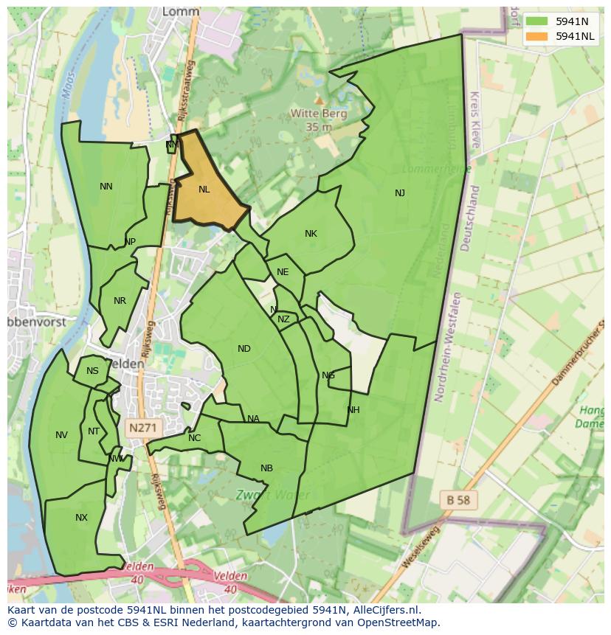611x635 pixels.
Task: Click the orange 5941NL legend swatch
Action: pos(537,36)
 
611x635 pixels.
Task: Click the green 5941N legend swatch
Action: pos(537,21)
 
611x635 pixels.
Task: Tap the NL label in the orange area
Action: pos(204,190)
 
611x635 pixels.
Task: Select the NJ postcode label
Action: pos(400,193)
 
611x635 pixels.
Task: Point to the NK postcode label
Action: pos(311,234)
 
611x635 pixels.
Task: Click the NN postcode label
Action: pos(106,187)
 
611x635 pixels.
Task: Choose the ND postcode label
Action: pos(244,349)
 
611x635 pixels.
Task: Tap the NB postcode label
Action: pos(266,468)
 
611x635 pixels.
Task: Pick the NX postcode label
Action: pos(81,518)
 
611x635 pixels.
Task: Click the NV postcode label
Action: pos(61,435)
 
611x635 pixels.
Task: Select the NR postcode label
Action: pos(120,301)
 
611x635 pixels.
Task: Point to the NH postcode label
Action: pos(353,410)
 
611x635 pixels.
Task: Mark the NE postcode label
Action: pos(283,272)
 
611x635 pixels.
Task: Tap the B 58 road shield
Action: pos(458,499)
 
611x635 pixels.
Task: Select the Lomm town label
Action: pos(180,13)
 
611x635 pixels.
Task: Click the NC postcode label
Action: pos(194,438)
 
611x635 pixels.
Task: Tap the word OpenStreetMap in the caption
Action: pos(397,622)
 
